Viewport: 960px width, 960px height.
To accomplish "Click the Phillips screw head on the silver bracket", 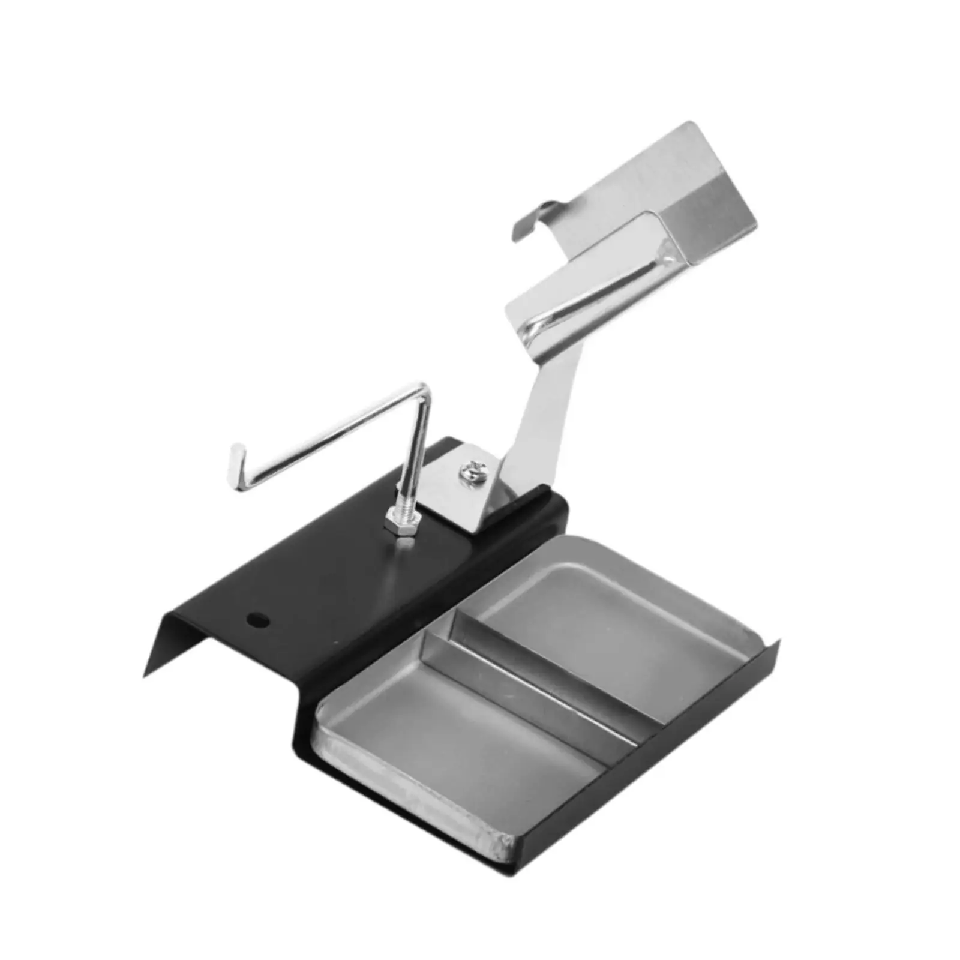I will (472, 468).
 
